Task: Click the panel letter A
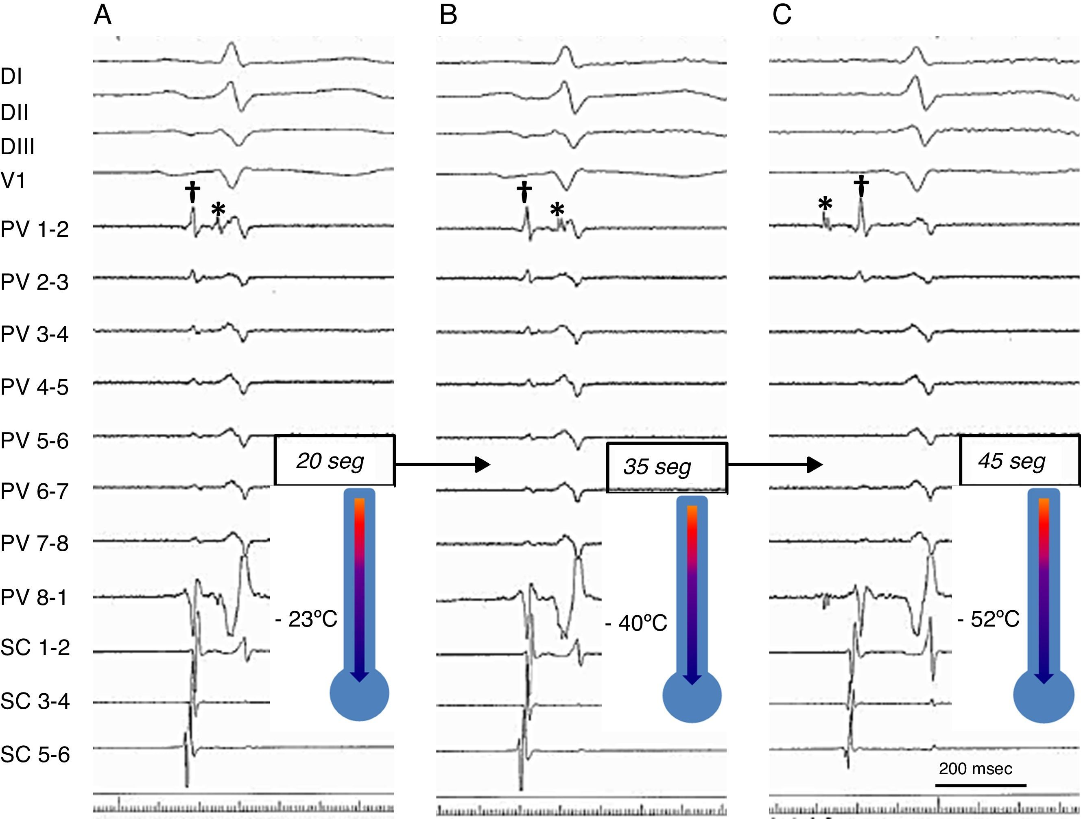pos(103,15)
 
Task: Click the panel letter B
pos(448,15)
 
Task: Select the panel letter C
pos(782,15)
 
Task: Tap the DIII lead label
pos(17,146)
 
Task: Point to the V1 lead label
pos(13,181)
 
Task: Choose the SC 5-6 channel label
pos(35,754)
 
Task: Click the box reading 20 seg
pos(335,460)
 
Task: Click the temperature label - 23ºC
pos(306,619)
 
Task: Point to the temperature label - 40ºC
pos(636,623)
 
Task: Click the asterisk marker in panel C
pos(825,204)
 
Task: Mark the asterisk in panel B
pos(557,211)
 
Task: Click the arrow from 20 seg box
pos(442,465)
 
